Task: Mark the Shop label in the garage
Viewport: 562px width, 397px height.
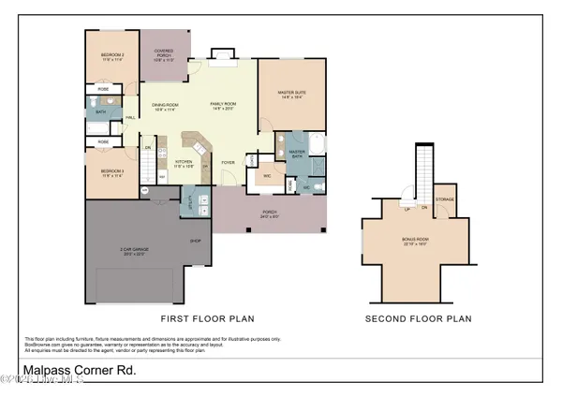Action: (196, 241)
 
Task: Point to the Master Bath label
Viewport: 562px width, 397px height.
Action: (297, 153)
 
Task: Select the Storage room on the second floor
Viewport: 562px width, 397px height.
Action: (444, 199)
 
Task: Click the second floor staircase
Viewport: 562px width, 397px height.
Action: (425, 169)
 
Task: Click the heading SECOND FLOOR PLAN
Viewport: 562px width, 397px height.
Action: (418, 319)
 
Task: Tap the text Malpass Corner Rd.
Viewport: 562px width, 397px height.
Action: (80, 370)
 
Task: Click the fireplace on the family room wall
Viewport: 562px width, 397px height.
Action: (223, 56)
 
